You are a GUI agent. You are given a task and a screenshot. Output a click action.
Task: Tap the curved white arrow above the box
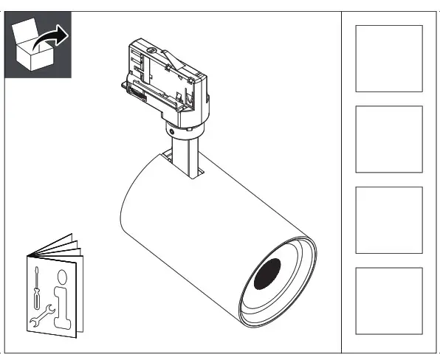[x=53, y=34]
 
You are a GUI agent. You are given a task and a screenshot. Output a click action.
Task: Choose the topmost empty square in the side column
[x=389, y=58]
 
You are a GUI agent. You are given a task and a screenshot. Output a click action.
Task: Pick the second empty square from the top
[x=389, y=139]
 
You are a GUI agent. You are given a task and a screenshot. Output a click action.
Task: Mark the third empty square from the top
[x=389, y=220]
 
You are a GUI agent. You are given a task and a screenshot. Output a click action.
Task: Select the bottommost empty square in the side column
[x=389, y=300]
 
